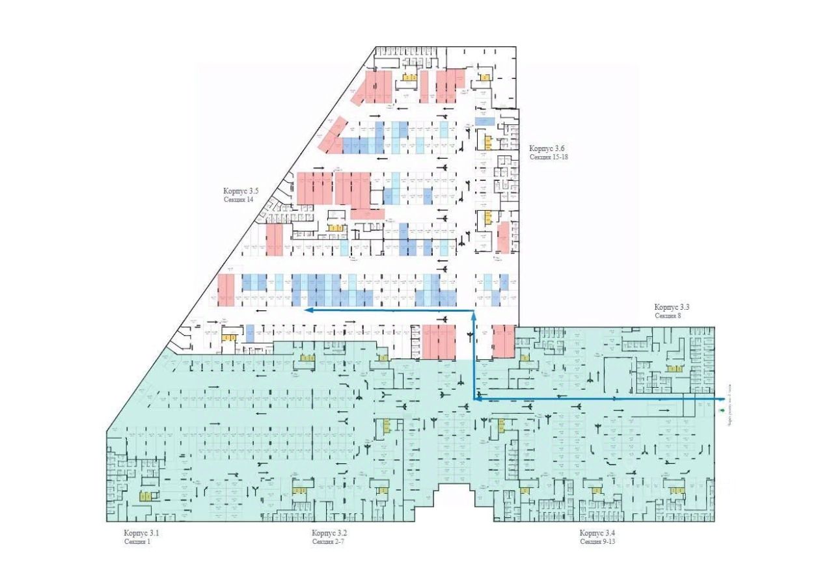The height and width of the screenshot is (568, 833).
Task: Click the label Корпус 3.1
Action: [142, 534]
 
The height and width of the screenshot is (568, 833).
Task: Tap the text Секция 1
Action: [137, 541]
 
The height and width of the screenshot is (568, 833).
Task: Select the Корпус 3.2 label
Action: [329, 534]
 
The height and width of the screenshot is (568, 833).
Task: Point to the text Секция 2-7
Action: [327, 541]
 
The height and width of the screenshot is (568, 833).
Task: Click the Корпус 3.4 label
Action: [597, 534]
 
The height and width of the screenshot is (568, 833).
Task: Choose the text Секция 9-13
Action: [597, 541]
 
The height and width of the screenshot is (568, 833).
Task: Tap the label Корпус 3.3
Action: [672, 307]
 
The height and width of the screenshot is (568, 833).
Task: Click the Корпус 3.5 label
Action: [241, 191]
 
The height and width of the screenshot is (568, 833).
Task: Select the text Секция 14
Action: [239, 200]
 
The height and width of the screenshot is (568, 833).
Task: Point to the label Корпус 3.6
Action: [547, 148]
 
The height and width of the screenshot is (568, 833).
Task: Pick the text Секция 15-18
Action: [549, 157]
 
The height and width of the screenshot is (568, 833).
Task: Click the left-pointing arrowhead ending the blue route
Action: [310, 311]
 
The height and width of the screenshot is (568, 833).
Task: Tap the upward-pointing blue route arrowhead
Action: [474, 315]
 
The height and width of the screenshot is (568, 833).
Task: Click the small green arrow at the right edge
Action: [722, 411]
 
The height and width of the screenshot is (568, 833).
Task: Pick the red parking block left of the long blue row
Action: [226, 290]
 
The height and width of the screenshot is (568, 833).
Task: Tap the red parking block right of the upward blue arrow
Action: [504, 342]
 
